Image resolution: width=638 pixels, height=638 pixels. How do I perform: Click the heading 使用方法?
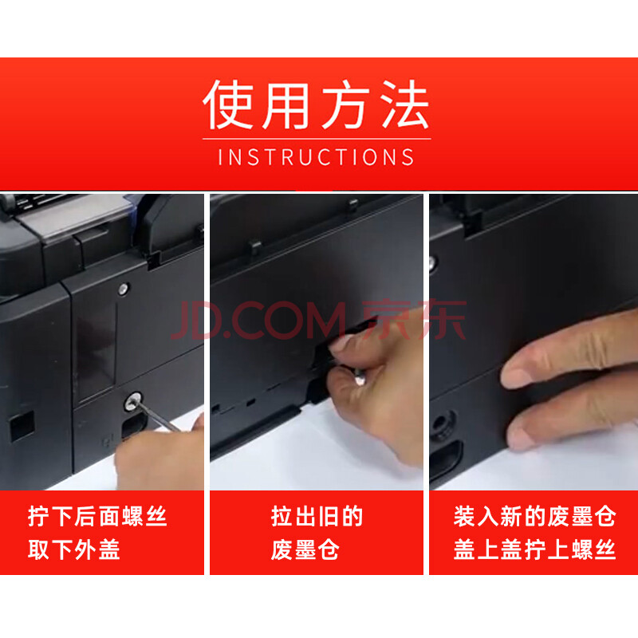click(x=316, y=104)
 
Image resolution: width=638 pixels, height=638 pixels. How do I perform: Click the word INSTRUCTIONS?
click(x=316, y=157)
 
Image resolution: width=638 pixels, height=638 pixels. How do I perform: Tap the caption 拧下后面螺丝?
click(x=97, y=516)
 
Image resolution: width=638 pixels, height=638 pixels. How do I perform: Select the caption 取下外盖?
click(x=74, y=549)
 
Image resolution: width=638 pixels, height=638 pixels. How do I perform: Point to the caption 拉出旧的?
click(x=317, y=516)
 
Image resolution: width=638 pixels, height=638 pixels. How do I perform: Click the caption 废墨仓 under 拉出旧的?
click(x=305, y=549)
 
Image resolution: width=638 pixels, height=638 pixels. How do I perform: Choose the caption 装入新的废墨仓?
click(x=534, y=516)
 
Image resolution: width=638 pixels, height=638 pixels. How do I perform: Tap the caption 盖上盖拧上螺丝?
click(x=534, y=549)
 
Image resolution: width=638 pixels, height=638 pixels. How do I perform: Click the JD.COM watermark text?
click(x=258, y=321)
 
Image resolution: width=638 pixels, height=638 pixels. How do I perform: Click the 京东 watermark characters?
click(x=414, y=320)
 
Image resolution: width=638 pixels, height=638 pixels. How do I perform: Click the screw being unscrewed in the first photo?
click(x=132, y=401)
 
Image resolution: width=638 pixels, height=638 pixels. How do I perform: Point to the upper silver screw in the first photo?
click(x=124, y=289)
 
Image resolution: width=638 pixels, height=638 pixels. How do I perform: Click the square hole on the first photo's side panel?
click(x=22, y=426)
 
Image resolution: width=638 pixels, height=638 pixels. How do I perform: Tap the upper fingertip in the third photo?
click(x=516, y=373)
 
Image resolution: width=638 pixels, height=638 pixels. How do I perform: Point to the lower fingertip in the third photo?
click(x=521, y=435)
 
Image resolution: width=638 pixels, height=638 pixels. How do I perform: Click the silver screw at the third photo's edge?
click(x=431, y=263)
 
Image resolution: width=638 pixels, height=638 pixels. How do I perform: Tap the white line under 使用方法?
click(x=317, y=139)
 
